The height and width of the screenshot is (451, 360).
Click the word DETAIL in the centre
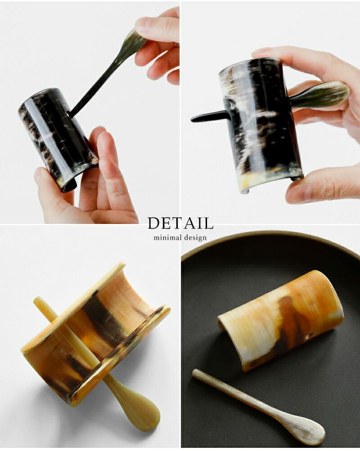coord(180,223)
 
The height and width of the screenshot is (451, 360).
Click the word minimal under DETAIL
coord(168,237)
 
